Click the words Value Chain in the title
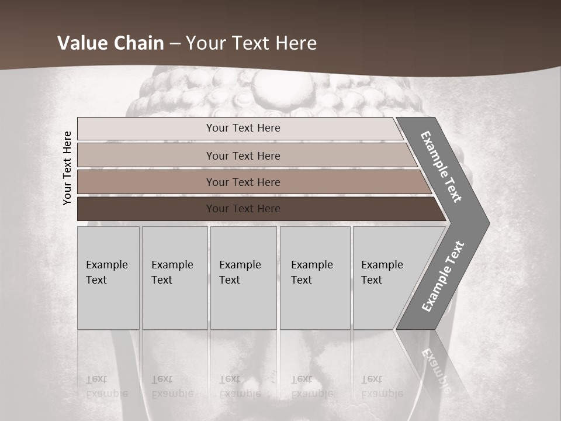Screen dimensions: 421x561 pos(111,43)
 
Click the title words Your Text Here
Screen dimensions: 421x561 pos(251,43)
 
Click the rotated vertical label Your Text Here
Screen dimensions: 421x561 pos(67,168)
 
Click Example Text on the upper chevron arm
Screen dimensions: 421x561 pos(441,167)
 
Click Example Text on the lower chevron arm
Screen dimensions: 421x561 pos(442,277)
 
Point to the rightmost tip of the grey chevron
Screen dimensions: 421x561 pos(489,223)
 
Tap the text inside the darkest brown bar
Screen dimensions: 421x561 pos(243,209)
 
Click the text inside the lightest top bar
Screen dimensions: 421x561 pos(243,128)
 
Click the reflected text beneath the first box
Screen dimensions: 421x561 pos(106,386)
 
